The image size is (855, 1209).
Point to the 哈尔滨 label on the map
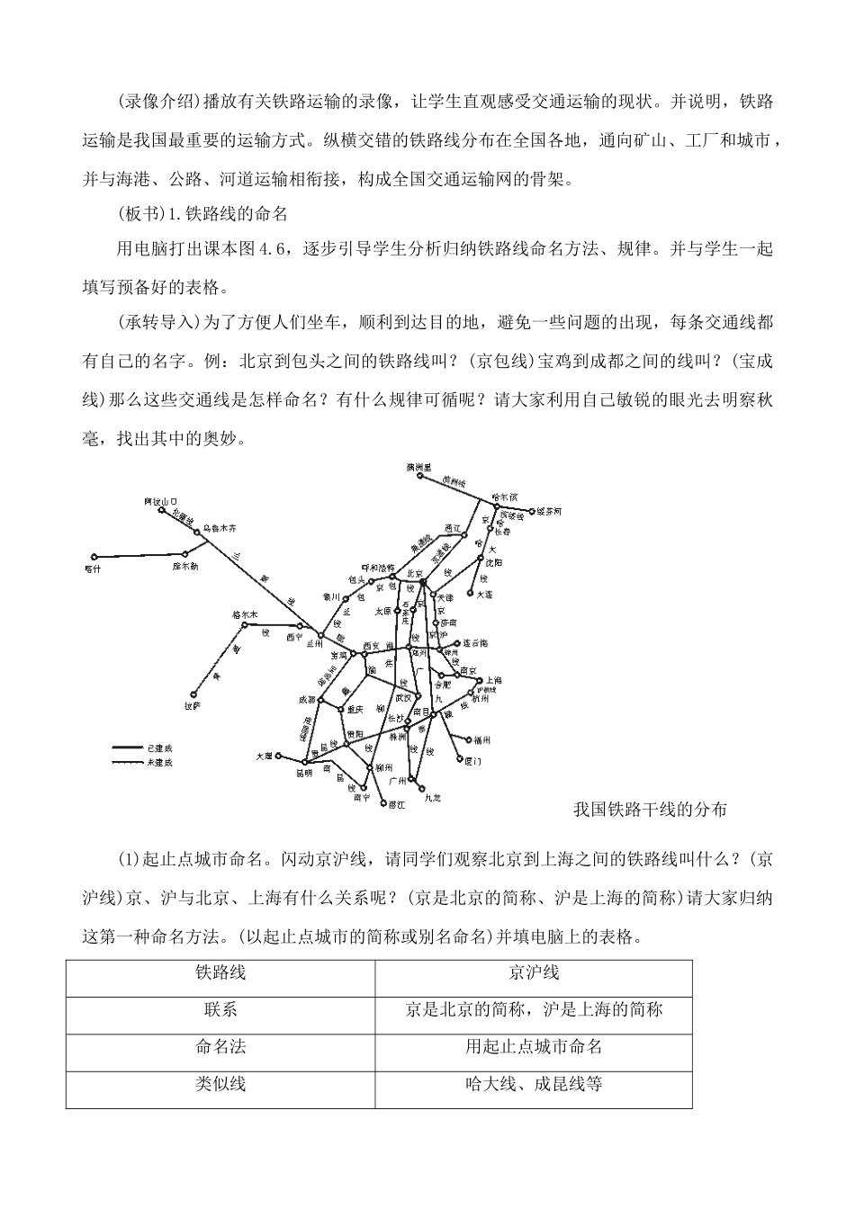point(505,496)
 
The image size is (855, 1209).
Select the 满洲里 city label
point(419,467)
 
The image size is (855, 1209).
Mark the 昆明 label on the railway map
point(303,773)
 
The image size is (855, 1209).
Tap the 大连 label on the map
point(484,595)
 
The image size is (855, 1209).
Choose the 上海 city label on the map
point(494,681)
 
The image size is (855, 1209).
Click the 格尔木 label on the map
point(245,614)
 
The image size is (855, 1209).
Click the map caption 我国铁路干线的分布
point(650,810)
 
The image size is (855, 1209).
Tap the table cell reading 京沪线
point(534,972)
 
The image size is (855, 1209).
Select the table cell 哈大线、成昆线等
point(534,1084)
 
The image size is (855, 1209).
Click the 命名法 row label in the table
point(220,1046)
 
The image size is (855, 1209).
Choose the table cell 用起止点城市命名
point(534,1046)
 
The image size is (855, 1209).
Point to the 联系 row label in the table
point(220,1009)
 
